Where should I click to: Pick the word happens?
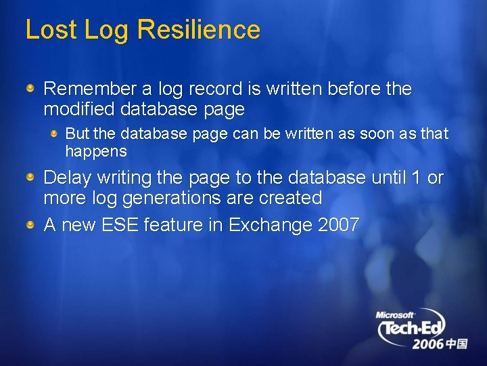point(96,151)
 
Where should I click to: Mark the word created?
point(288,198)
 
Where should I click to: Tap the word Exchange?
point(270,225)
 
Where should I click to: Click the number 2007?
point(338,225)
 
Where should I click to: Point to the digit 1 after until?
point(414,178)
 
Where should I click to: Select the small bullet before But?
point(55,133)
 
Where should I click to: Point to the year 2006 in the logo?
point(428,344)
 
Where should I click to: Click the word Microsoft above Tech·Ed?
point(395,314)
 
